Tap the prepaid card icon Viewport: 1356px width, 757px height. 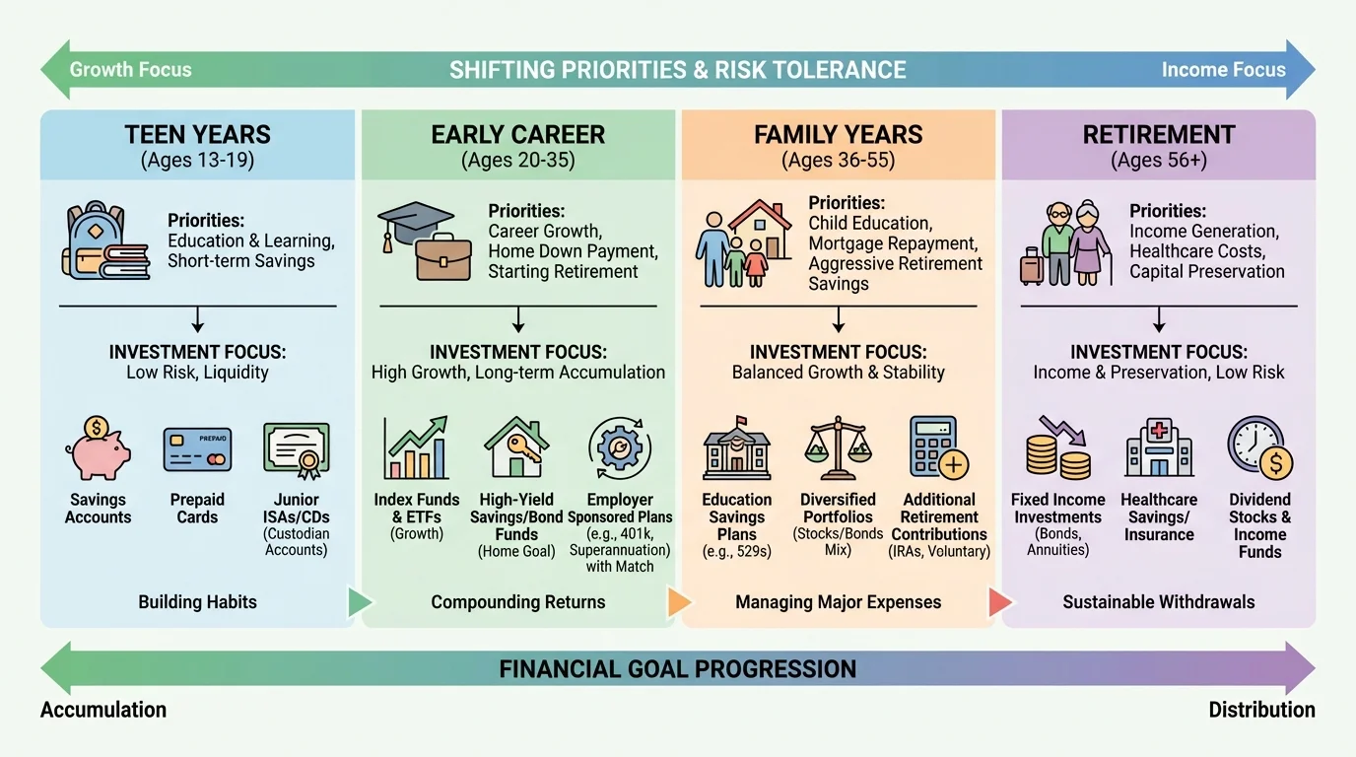tap(197, 448)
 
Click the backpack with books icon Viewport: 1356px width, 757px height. tap(104, 241)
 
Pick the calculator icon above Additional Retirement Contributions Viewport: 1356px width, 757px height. tap(938, 448)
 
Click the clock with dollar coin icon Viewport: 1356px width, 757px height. tap(1259, 448)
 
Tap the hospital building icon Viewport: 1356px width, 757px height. tap(1159, 448)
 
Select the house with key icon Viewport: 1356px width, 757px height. tap(516, 448)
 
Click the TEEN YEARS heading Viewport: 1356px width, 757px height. tap(197, 135)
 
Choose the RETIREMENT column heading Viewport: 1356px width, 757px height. tap(1159, 135)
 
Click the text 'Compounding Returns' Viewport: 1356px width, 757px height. tap(518, 602)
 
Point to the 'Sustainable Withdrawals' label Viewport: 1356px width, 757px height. tap(1159, 602)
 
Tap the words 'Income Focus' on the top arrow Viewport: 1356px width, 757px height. tap(1223, 70)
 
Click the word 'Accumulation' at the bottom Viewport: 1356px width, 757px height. tap(103, 710)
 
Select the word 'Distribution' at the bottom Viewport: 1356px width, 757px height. tap(1261, 710)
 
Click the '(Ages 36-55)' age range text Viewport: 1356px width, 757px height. tap(838, 160)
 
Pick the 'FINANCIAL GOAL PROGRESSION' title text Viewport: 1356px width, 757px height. tap(678, 669)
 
